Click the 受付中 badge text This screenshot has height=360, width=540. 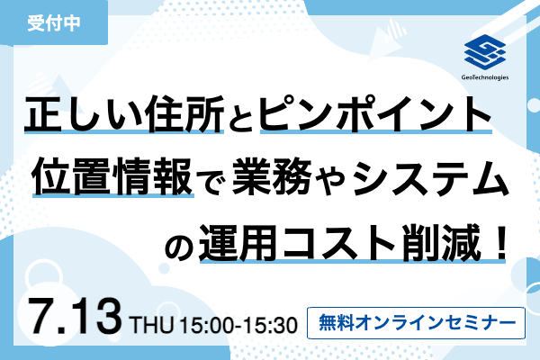click(x=54, y=23)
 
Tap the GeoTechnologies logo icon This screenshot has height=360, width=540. click(x=484, y=52)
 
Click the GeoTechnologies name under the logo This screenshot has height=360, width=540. click(x=485, y=77)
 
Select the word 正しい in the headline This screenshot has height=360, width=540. click(x=84, y=114)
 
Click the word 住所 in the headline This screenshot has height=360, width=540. click(x=184, y=114)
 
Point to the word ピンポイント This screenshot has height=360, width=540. click(x=375, y=113)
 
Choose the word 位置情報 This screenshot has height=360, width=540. click(x=113, y=176)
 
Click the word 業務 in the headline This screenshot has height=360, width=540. click(x=273, y=176)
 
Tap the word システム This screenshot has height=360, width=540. click(x=430, y=176)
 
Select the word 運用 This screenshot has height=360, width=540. click(x=238, y=242)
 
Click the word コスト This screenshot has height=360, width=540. click(x=340, y=243)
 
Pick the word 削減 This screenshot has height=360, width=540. click(x=442, y=242)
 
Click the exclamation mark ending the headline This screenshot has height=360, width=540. click(x=499, y=242)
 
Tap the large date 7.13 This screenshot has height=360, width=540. click(x=76, y=317)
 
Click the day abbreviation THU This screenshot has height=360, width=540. click(x=152, y=325)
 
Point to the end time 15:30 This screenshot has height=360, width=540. click(x=272, y=325)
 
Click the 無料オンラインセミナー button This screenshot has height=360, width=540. click(x=416, y=323)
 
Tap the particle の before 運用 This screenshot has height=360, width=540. click(x=179, y=247)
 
